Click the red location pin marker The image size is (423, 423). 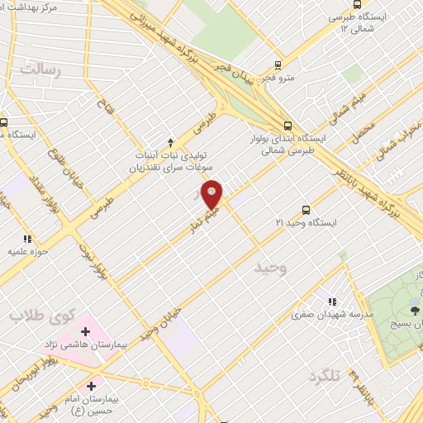(212, 195)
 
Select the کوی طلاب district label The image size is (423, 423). (41, 315)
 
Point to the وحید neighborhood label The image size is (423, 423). (270, 269)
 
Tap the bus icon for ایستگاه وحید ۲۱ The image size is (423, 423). (307, 210)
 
